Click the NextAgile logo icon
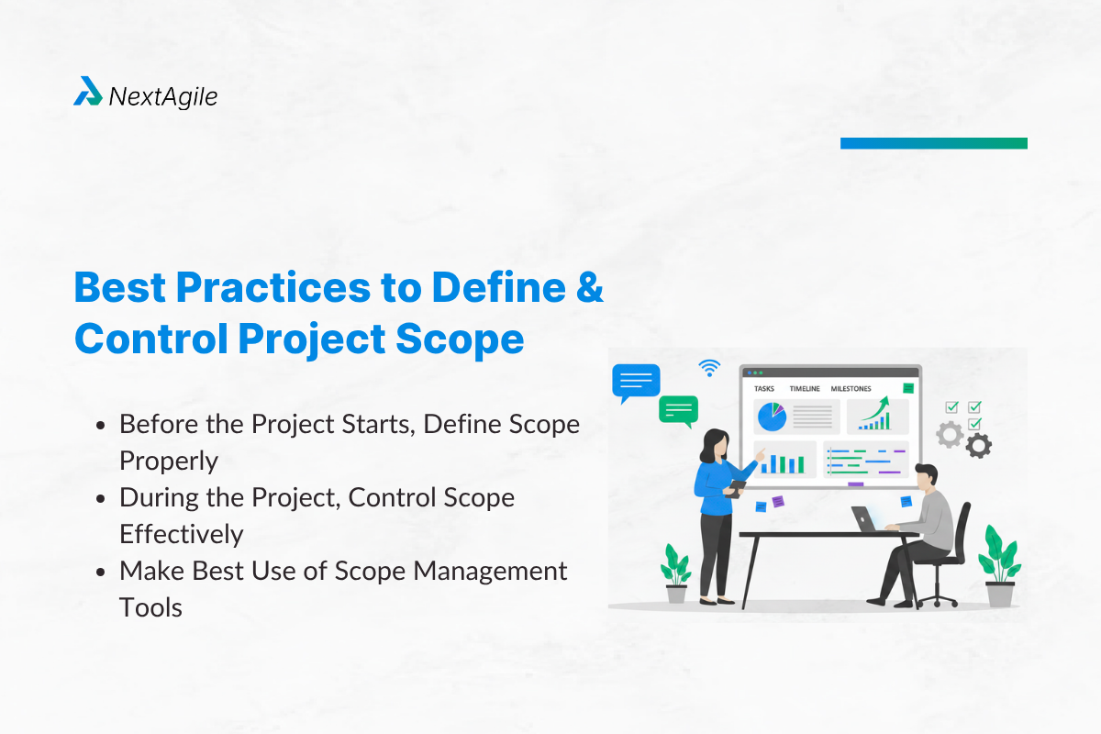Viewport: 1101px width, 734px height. (87, 92)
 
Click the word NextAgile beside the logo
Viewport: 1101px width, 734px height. (163, 95)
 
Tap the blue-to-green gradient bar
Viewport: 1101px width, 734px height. (933, 143)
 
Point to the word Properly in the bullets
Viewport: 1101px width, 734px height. (169, 461)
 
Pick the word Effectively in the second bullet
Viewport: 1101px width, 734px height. (181, 534)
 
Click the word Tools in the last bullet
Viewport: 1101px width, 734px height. (150, 607)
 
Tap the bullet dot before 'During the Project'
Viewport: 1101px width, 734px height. (101, 498)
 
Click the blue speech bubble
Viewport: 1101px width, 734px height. (636, 381)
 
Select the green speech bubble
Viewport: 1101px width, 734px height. (678, 408)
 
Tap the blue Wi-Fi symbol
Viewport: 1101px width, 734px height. (708, 368)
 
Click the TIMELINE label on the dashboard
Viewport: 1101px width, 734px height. (804, 389)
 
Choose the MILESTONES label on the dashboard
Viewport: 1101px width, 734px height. (851, 389)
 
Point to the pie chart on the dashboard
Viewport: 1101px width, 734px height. (771, 417)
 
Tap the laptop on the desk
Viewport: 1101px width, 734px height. (865, 519)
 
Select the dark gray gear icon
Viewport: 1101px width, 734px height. (979, 446)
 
